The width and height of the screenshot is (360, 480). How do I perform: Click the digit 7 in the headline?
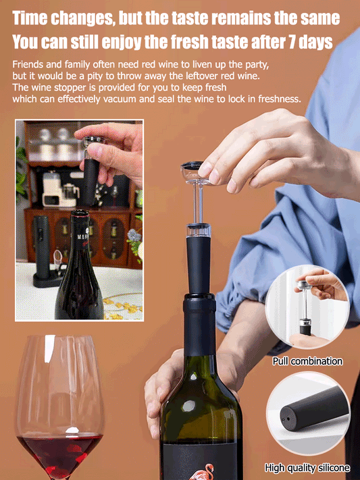click(293, 42)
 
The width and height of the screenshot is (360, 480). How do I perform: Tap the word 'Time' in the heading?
click(29, 18)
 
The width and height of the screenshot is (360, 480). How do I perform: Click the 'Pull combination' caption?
click(307, 361)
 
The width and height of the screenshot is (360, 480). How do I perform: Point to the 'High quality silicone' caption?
click(307, 468)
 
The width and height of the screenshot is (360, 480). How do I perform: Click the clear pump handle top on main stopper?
click(194, 173)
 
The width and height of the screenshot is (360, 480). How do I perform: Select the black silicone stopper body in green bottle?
click(199, 264)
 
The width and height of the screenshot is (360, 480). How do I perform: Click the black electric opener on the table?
click(42, 247)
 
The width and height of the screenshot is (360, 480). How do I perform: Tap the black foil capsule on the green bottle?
click(199, 324)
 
